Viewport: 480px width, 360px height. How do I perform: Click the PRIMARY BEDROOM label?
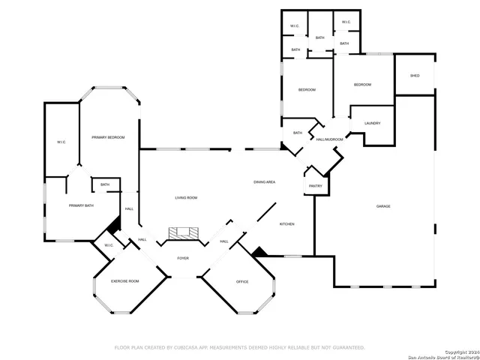pyautogui.click(x=108, y=137)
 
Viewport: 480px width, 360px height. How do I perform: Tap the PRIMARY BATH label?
pyautogui.click(x=81, y=205)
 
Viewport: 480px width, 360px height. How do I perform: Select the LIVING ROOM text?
pyautogui.click(x=186, y=198)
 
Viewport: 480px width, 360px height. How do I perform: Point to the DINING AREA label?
pyautogui.click(x=264, y=182)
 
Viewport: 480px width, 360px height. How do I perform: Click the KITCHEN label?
pyautogui.click(x=287, y=224)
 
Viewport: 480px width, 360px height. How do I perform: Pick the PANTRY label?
pyautogui.click(x=316, y=186)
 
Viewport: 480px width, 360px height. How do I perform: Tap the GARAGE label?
pyautogui.click(x=383, y=206)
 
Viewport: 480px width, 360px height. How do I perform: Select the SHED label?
pyautogui.click(x=415, y=76)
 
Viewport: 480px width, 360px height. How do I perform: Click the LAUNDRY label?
pyautogui.click(x=372, y=124)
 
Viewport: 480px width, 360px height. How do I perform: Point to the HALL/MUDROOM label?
pyautogui.click(x=329, y=139)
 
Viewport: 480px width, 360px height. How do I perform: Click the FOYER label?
pyautogui.click(x=183, y=259)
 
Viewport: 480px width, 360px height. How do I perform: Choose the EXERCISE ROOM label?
pyautogui.click(x=125, y=281)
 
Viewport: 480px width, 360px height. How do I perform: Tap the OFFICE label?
pyautogui.click(x=242, y=282)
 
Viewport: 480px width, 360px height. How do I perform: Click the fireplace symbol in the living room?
pyautogui.click(x=183, y=234)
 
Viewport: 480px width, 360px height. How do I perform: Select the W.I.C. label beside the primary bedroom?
pyautogui.click(x=61, y=142)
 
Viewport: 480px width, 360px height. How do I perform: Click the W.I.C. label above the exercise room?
pyautogui.click(x=109, y=245)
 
